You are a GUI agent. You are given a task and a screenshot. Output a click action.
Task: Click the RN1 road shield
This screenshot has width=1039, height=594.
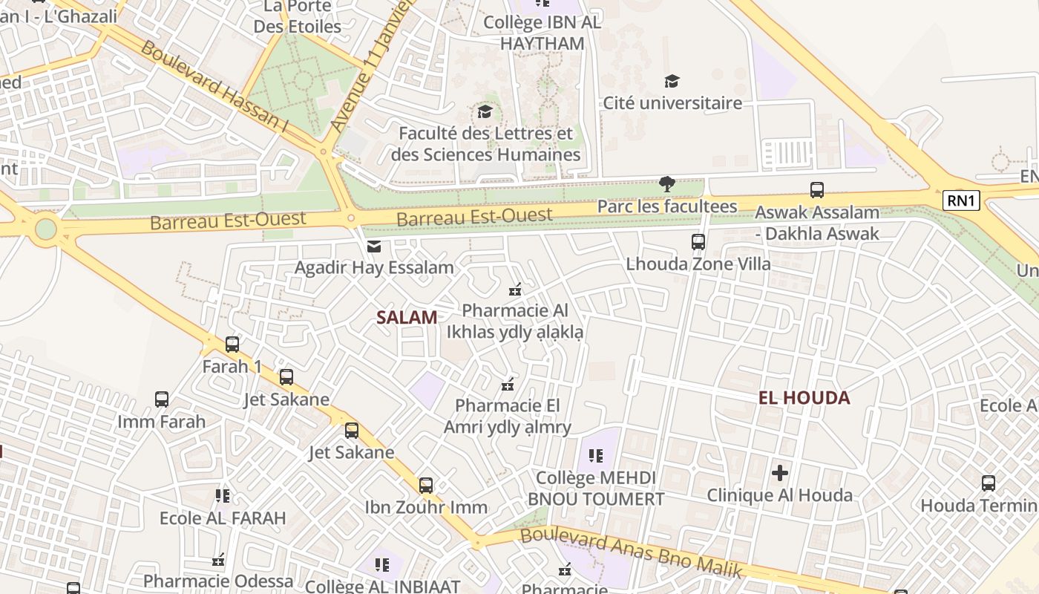[x=961, y=200]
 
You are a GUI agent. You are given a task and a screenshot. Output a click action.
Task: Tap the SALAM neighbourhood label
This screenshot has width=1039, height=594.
[x=407, y=318]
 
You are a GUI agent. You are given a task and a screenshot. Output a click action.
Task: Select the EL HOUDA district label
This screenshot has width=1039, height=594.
[x=804, y=398]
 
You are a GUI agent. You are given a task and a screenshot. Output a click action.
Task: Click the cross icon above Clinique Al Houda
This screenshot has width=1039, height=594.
[x=779, y=472]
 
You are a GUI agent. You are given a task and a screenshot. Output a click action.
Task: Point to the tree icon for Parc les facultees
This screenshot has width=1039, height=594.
[x=666, y=184]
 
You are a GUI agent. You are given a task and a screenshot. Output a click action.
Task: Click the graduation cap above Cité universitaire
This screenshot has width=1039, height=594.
[x=672, y=81]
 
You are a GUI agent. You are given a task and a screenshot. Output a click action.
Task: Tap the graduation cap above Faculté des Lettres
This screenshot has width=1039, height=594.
[x=485, y=112]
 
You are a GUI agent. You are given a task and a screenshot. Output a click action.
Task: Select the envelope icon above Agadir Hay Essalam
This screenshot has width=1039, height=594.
[x=374, y=247]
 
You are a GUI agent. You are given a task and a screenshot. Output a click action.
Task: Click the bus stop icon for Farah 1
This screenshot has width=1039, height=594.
[x=232, y=345]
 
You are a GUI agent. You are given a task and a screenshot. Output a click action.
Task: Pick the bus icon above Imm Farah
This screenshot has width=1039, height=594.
[x=162, y=399]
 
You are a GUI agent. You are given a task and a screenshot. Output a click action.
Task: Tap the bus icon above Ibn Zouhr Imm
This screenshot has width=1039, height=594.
[x=426, y=486]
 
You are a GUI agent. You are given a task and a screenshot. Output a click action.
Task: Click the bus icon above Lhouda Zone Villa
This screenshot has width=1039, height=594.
[x=698, y=242]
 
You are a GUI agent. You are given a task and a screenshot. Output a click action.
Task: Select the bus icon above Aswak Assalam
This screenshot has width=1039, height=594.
[x=817, y=190]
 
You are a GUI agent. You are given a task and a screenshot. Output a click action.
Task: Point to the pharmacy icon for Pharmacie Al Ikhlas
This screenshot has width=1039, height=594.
[x=515, y=289]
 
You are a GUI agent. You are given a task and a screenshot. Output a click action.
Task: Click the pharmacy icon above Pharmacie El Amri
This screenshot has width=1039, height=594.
[x=508, y=384]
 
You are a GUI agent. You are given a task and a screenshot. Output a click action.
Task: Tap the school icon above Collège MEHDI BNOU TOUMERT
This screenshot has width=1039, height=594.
[x=595, y=455]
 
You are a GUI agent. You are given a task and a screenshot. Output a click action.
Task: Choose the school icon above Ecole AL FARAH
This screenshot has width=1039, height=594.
[x=222, y=495]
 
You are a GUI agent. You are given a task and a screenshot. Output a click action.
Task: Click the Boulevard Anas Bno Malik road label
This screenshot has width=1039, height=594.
[x=631, y=552]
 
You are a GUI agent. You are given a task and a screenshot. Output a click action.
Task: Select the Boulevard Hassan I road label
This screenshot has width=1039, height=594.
[x=214, y=87]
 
